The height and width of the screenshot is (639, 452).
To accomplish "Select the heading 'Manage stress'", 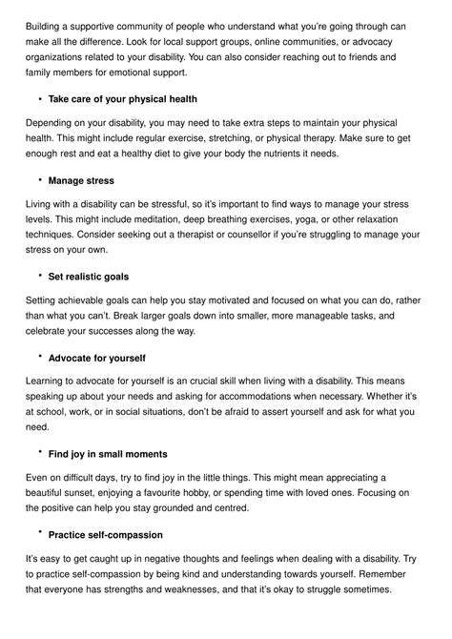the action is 81,180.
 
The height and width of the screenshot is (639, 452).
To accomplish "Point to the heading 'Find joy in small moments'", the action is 108,453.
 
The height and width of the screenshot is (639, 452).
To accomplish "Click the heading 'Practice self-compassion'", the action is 105,535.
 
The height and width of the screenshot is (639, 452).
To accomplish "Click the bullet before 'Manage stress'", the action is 40,179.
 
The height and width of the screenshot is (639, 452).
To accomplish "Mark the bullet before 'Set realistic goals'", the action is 40,275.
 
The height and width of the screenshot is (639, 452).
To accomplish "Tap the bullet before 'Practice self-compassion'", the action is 40,534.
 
